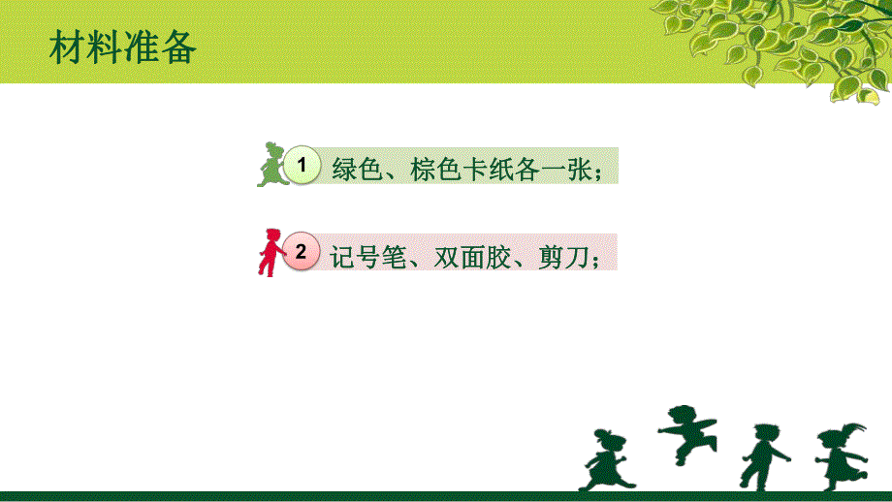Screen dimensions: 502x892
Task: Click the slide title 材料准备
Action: coord(122,46)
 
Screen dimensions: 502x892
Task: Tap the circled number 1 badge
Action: coord(303,166)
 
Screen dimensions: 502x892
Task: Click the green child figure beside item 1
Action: coord(270,165)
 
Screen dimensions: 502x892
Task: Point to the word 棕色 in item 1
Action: coord(432,169)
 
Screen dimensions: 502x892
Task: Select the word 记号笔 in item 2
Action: coord(366,256)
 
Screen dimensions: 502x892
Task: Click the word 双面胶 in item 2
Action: coord(468,256)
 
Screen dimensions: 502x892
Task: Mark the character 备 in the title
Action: coord(178,46)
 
